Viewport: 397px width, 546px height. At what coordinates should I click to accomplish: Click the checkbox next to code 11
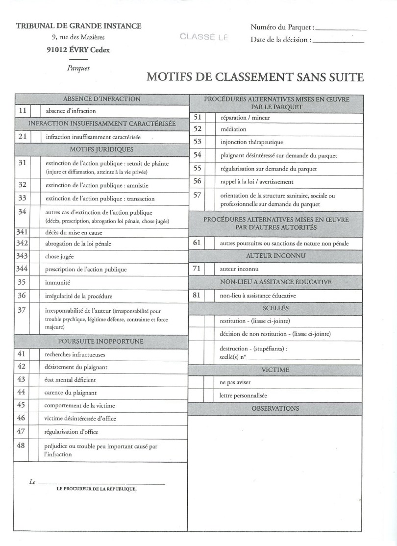36,111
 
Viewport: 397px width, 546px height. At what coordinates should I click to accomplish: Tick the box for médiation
210,129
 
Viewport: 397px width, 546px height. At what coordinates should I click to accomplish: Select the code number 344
22,269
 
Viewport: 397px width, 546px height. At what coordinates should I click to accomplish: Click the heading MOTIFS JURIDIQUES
102,149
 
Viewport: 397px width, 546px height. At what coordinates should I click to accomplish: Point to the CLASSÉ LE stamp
204,37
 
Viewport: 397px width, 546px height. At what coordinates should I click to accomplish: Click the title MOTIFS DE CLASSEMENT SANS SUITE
255,77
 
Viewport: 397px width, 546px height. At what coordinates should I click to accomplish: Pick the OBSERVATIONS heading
275,408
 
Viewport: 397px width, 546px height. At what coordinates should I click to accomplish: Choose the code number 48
21,446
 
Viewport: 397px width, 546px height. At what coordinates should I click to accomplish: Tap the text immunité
57,283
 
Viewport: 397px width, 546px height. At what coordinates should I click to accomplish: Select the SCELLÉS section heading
275,308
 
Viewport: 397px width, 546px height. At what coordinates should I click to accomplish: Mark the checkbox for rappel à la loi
210,181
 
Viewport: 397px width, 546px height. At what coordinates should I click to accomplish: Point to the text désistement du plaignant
76,367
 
